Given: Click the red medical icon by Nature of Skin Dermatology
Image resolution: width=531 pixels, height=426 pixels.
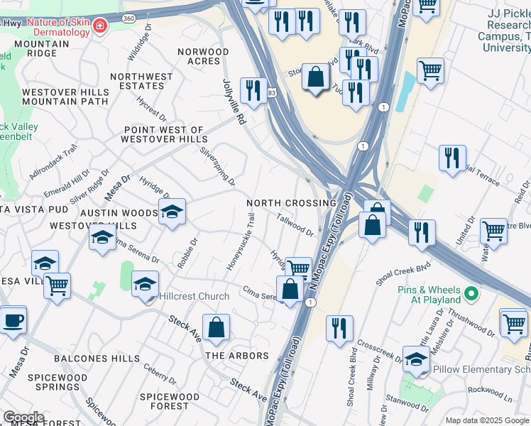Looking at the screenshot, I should pos(101,27).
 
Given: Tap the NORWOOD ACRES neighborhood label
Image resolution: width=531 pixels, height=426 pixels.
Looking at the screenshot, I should pos(203,56).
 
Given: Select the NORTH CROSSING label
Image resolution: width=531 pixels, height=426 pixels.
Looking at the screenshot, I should pos(291,203).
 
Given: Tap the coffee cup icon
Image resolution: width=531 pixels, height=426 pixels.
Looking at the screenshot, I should pos(13,319).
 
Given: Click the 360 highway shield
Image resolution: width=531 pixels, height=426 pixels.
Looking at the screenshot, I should pos(128,17).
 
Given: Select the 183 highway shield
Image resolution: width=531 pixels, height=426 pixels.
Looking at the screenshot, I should pos(271,92).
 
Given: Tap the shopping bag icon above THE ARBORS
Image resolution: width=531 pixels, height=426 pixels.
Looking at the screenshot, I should pos(217,328).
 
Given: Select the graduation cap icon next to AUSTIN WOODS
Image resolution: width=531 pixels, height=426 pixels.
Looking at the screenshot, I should pos(172,212).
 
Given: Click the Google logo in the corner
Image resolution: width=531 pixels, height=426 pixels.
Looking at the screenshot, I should pos(23,417).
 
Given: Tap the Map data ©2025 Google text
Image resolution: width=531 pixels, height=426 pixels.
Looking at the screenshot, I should pos(488,420).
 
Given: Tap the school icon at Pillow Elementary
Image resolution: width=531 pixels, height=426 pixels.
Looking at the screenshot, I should pos(416,359).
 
